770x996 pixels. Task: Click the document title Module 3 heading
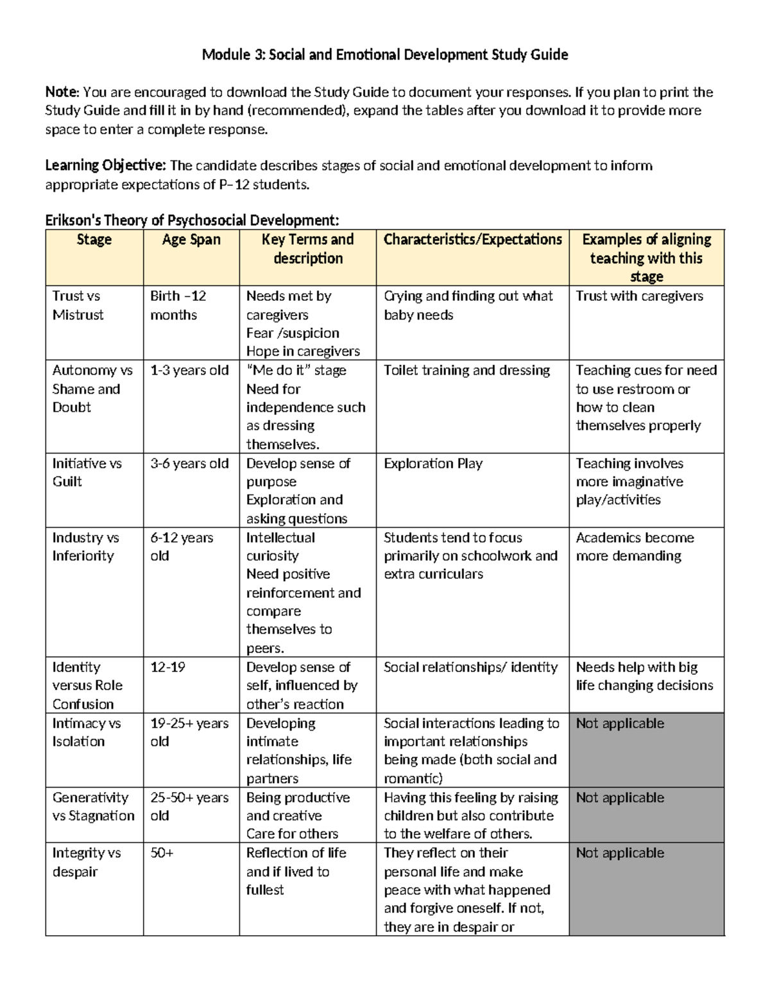(x=384, y=55)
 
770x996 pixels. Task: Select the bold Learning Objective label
(x=105, y=165)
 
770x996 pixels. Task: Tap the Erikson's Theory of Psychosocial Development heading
(x=192, y=221)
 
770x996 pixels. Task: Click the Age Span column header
(x=191, y=240)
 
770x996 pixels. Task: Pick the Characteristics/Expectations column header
(x=472, y=240)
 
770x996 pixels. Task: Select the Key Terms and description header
(x=307, y=249)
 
